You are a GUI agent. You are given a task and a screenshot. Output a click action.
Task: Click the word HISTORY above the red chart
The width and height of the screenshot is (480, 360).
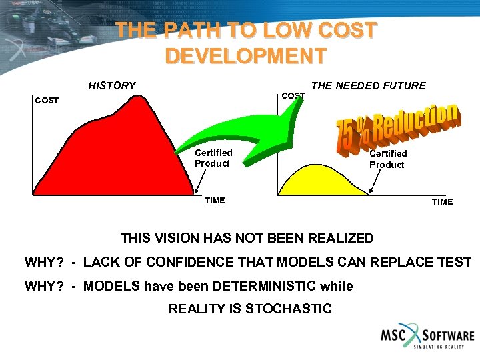112,85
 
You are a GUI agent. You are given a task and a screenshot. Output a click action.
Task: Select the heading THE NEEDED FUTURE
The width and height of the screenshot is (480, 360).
369,85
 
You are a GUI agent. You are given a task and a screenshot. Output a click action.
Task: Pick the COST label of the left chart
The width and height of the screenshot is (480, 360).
47,101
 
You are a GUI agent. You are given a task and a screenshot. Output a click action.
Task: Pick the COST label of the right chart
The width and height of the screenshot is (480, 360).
293,96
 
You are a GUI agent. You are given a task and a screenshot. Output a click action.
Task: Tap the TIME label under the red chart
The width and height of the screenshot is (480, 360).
215,201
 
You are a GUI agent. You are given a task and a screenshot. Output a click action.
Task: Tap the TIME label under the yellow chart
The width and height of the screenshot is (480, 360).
442,201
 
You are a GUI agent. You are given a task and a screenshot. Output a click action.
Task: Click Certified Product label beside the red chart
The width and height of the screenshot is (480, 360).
213,158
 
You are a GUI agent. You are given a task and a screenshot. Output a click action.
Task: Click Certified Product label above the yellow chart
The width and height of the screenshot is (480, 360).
387,159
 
